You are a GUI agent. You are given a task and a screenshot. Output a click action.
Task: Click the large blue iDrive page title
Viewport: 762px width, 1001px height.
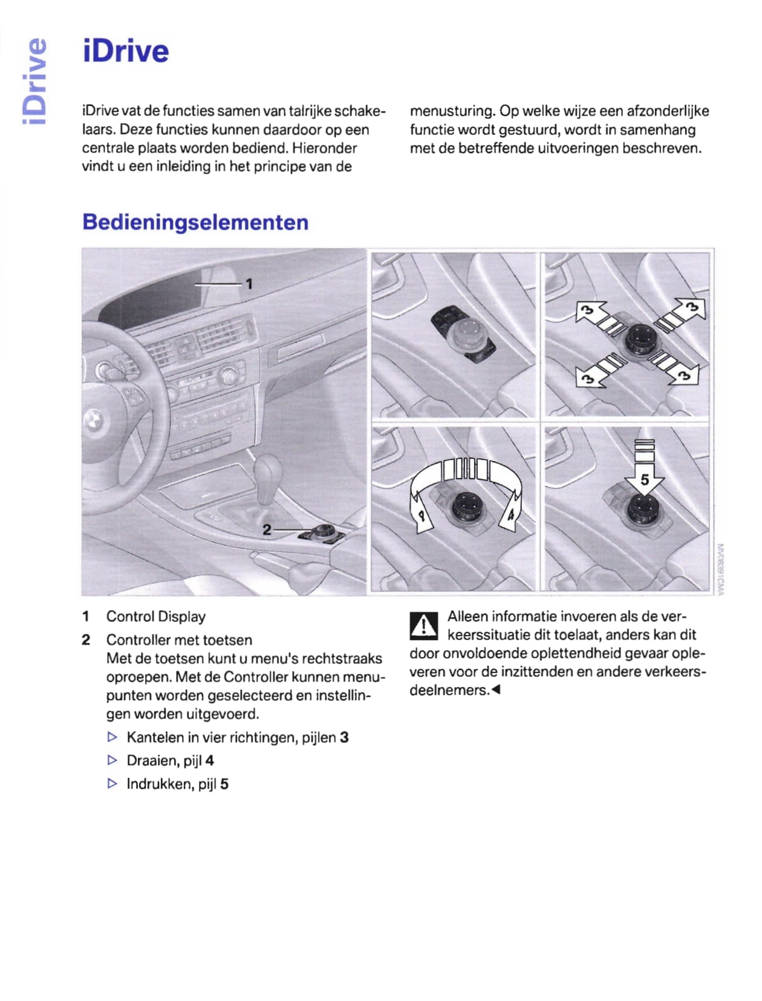coord(126,51)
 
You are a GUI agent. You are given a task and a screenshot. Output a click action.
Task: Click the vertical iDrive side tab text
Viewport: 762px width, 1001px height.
coord(34,81)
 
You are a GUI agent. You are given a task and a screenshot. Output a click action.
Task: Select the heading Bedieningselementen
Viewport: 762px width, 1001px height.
coord(195,222)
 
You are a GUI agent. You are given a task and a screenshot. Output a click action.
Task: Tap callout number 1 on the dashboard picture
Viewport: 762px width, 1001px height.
coord(249,284)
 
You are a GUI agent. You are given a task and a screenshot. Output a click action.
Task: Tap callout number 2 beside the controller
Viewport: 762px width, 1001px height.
coord(267,530)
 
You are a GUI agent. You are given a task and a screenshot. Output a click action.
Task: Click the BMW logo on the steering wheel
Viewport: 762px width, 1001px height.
coord(93,419)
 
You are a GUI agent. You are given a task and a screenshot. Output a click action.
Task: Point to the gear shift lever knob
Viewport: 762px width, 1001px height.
coord(267,471)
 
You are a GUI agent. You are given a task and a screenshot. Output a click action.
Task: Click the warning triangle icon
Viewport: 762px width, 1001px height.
coord(423,625)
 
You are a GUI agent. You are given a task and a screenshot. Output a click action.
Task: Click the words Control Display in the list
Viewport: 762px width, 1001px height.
coord(155,617)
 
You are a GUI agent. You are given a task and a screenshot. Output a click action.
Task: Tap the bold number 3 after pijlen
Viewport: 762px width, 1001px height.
coord(344,738)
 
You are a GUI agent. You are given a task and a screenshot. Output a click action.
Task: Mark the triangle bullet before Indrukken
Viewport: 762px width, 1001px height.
coord(112,784)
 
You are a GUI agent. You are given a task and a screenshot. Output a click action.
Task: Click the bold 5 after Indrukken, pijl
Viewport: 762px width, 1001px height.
coord(224,784)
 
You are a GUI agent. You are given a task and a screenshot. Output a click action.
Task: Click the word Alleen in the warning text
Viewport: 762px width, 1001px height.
coord(467,617)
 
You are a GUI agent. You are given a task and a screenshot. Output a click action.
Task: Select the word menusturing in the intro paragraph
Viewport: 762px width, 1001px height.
coord(452,111)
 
